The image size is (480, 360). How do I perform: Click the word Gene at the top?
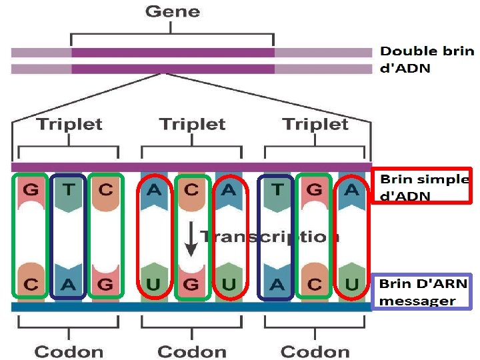(172, 11)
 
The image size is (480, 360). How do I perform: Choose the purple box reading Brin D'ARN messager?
(421, 292)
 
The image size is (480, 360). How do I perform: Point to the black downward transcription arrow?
(191, 239)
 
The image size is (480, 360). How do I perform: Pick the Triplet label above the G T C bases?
(69, 124)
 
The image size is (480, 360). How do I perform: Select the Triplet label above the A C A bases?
(192, 124)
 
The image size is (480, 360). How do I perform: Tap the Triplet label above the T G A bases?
(315, 124)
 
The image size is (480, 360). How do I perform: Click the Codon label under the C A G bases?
(69, 351)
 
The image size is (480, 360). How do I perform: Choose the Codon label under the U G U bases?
(192, 351)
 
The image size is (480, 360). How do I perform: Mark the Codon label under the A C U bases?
(315, 351)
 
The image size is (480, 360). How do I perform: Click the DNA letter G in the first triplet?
(30, 189)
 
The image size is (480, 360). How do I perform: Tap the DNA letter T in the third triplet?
(277, 190)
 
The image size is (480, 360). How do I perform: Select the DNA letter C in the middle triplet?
(192, 190)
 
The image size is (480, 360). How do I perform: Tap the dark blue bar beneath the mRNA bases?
(192, 307)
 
